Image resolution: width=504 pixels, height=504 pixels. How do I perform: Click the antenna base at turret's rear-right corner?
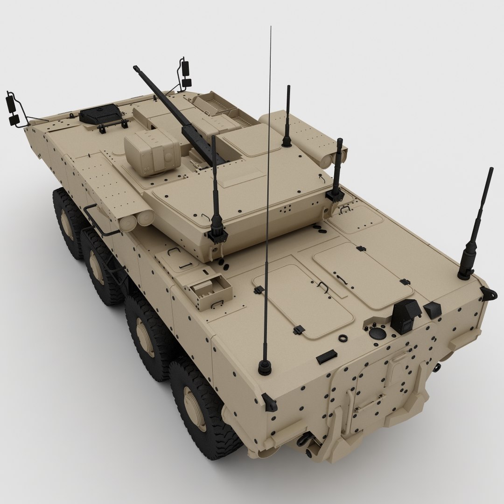tap(335, 194)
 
